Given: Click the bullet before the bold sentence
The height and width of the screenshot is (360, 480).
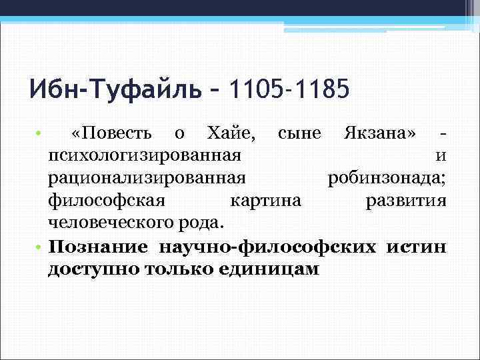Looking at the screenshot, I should (x=40, y=247).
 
